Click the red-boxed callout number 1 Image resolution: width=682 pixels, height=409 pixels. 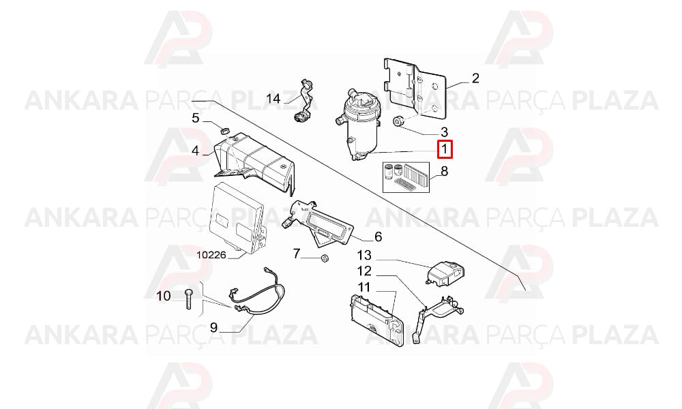[445, 150]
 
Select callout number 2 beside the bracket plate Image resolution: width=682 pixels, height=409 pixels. [475, 78]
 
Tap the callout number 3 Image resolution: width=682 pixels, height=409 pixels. [444, 132]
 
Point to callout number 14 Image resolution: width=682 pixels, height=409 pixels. [273, 99]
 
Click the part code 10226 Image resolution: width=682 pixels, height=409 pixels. [211, 255]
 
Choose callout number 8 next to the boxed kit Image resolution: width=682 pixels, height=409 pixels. [444, 171]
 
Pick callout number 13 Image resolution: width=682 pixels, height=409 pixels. [364, 255]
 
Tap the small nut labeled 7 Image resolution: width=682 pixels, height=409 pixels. [324, 258]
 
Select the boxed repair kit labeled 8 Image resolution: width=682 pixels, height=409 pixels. [406, 177]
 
